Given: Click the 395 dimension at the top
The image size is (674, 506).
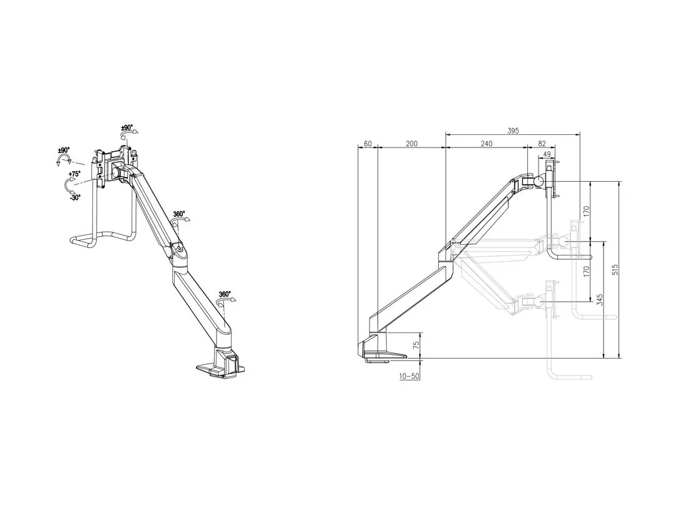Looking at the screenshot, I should click(513, 131).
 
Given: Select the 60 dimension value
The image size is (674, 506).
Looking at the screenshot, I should click(368, 144).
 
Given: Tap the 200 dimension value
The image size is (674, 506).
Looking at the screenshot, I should click(411, 144).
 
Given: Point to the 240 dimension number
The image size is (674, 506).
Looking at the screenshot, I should click(486, 144).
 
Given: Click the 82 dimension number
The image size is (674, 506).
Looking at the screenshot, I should click(542, 144).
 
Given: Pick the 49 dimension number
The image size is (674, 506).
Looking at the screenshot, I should click(547, 154).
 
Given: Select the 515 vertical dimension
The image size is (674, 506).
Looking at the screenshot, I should click(615, 270).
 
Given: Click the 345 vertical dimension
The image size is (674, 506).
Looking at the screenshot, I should click(599, 300).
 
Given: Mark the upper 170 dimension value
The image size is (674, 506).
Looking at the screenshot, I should click(586, 211).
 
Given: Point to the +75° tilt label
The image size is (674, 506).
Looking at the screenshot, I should click(75, 174).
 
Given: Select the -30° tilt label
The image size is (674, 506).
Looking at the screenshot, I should click(75, 197).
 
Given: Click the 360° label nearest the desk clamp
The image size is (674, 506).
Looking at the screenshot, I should click(225, 294).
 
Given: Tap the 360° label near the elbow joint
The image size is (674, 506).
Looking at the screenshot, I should click(179, 214).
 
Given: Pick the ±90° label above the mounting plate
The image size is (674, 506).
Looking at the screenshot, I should click(128, 127).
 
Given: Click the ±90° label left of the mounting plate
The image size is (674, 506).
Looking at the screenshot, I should click(64, 151).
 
